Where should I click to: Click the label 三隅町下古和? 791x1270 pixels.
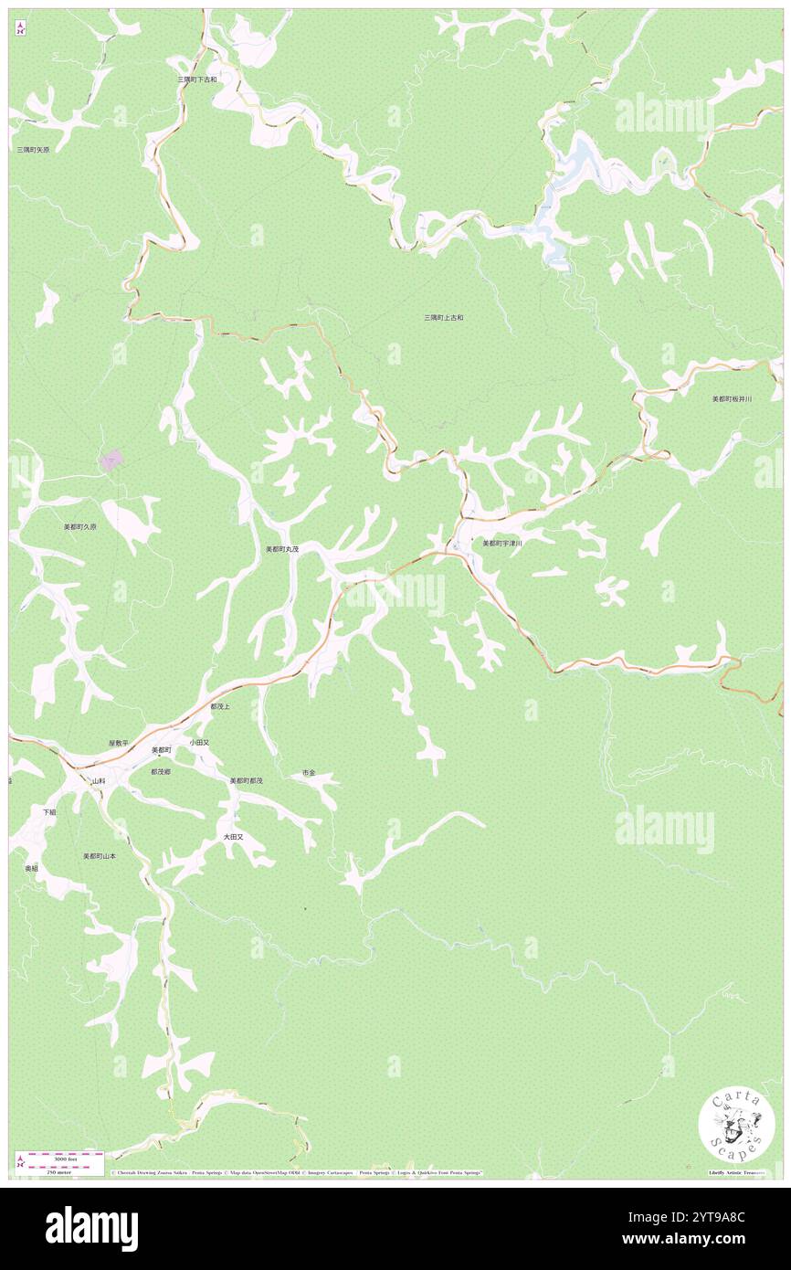tap(197, 80)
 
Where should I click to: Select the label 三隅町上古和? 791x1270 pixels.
tap(444, 318)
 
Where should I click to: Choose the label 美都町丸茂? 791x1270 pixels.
tap(282, 549)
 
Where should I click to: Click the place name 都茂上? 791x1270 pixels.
tap(220, 707)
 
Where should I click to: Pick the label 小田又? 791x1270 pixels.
tap(200, 743)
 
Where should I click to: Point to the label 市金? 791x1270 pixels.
tap(309, 773)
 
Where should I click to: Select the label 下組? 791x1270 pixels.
tap(49, 811)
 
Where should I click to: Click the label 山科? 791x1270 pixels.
tap(99, 782)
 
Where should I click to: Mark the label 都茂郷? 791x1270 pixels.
tap(162, 772)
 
